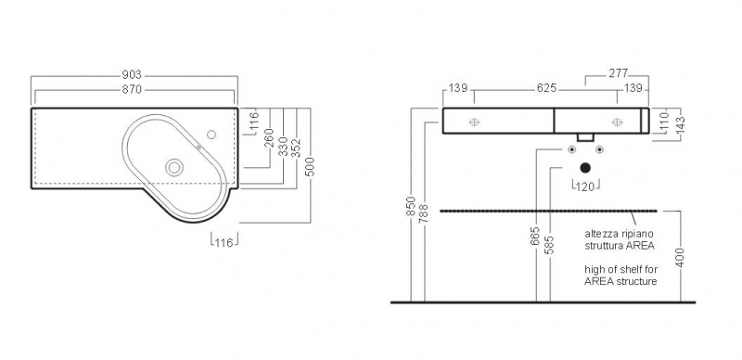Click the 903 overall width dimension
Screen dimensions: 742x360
132,75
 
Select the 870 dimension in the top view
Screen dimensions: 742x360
132,89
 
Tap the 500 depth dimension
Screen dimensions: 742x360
310,166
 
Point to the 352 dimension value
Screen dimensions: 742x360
296,148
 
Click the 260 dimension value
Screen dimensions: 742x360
269,138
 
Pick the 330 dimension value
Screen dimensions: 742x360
283,147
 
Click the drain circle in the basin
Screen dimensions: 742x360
174,167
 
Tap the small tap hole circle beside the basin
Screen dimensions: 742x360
211,135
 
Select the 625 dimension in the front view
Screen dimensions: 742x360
547,88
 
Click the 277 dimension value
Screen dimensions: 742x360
619,73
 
